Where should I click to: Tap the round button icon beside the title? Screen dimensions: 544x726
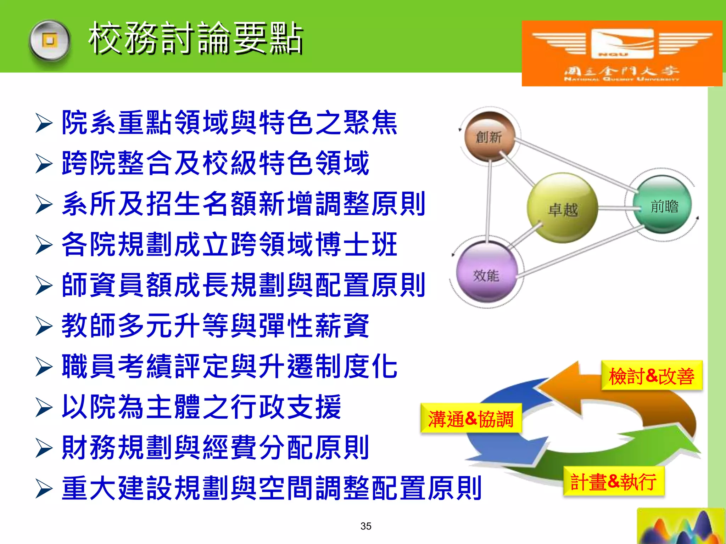50,41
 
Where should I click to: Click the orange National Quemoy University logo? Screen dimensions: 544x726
622,53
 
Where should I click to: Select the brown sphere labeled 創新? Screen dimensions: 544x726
489,137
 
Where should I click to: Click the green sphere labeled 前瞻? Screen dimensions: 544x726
663,206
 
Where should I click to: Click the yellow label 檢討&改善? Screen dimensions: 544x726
652,376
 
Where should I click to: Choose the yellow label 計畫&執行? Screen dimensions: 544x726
613,482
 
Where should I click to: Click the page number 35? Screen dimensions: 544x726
365,526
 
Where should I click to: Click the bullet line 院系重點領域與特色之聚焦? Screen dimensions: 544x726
229,123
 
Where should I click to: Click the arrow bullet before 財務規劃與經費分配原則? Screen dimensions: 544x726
44,448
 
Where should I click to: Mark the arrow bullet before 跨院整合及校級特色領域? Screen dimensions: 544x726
44,164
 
